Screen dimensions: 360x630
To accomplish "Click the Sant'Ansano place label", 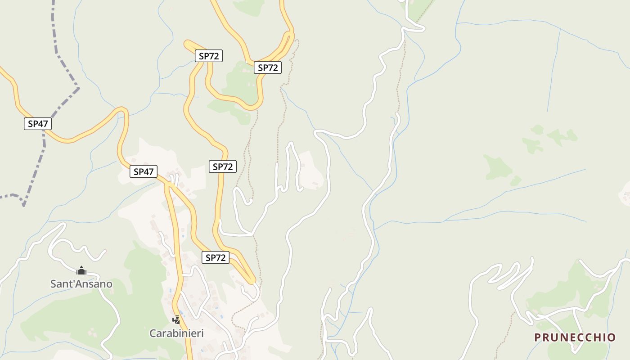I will (81, 284).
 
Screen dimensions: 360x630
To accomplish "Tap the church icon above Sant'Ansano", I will (81, 270).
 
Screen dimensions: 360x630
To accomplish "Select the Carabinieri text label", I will (176, 333).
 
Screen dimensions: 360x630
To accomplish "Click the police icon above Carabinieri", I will (176, 320).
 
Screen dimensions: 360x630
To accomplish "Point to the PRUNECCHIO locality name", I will (575, 337).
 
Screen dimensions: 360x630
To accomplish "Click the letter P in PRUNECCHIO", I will (537, 337).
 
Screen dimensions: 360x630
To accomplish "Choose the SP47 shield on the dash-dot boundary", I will (38, 124).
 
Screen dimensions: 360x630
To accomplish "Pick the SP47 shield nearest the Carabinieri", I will (144, 171).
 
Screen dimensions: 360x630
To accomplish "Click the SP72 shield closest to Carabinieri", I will (215, 257).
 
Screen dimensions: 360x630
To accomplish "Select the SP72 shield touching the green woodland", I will (268, 67).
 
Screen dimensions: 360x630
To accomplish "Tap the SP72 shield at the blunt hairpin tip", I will (209, 56).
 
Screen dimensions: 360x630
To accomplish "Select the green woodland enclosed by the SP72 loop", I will (241, 83).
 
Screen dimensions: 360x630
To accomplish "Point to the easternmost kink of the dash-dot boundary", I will (78, 88).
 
